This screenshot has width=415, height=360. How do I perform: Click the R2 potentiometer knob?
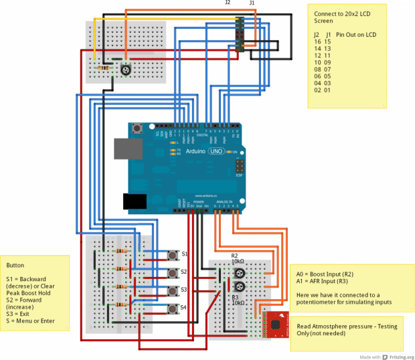pyautogui.click(x=239, y=273)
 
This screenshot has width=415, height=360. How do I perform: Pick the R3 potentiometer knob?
pyautogui.click(x=239, y=286)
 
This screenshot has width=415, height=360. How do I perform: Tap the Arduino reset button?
pyautogui.click(x=137, y=128)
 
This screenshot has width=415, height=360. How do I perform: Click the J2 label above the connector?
pyautogui.click(x=228, y=3)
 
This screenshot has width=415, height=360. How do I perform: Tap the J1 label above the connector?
pyautogui.click(x=252, y=3)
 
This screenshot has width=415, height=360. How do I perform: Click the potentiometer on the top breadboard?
pyautogui.click(x=124, y=69)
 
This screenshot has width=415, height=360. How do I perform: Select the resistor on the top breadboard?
pyautogui.click(x=104, y=68)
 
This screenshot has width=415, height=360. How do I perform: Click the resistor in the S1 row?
pyautogui.click(x=122, y=250)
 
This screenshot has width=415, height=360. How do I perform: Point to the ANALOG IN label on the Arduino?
pyautogui.click(x=223, y=201)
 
